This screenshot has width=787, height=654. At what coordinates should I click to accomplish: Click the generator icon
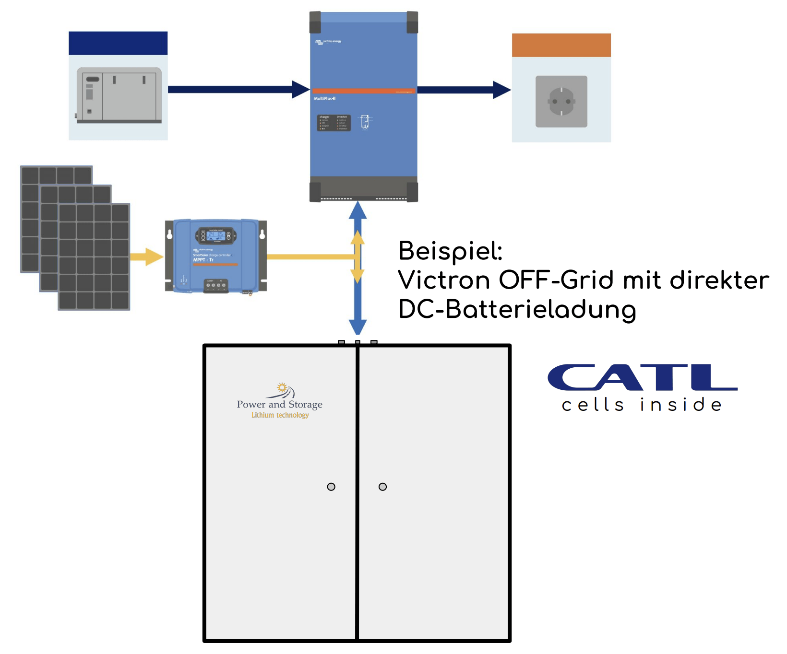pyautogui.click(x=119, y=95)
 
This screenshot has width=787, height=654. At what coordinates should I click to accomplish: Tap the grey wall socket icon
pyautogui.click(x=561, y=101)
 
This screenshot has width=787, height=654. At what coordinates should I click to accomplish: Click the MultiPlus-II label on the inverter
pyautogui.click(x=325, y=98)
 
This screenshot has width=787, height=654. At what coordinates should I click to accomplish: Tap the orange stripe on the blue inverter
pyautogui.click(x=363, y=91)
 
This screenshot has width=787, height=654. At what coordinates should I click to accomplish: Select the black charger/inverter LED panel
pyautogui.click(x=334, y=123)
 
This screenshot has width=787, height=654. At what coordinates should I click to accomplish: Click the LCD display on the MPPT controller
pyautogui.click(x=215, y=234)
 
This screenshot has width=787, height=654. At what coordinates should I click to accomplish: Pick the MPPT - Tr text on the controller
pyautogui.click(x=203, y=260)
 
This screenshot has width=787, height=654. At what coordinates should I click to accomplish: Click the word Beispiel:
pyautogui.click(x=450, y=251)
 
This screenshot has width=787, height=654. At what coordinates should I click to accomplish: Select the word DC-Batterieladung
pyautogui.click(x=517, y=310)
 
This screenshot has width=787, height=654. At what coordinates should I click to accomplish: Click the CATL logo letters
pyautogui.click(x=642, y=377)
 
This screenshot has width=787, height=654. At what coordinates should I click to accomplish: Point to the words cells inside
pyautogui.click(x=642, y=405)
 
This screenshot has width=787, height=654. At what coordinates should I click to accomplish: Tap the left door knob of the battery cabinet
pyautogui.click(x=331, y=487)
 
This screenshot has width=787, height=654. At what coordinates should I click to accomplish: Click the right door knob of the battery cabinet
pyautogui.click(x=382, y=487)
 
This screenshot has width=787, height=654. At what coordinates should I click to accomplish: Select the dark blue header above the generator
pyautogui.click(x=118, y=43)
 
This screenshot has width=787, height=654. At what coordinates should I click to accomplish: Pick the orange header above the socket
pyautogui.click(x=561, y=45)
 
